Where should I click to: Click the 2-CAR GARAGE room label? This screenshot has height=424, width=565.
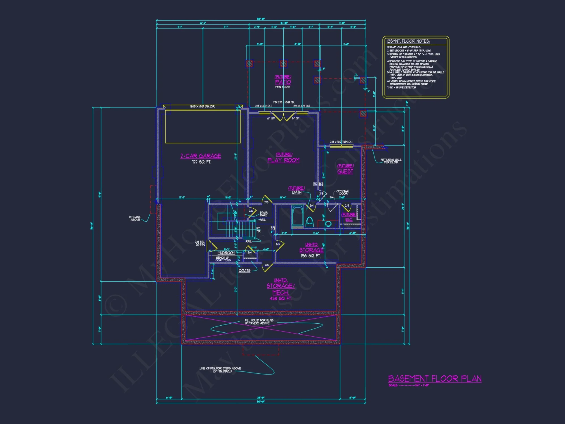click(x=201, y=156)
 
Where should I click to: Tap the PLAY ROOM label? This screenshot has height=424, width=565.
click(x=283, y=160)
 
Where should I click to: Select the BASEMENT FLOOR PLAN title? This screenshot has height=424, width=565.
click(x=434, y=378)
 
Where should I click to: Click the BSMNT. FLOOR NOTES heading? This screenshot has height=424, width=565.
click(x=408, y=41)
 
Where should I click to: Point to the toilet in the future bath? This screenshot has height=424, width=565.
click(x=309, y=222)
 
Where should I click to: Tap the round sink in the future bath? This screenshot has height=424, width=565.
click(x=328, y=224)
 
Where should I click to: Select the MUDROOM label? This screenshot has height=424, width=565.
click(x=226, y=253)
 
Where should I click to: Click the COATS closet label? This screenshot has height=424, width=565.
click(x=244, y=271)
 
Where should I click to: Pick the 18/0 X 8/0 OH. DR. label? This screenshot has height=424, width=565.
click(x=202, y=107)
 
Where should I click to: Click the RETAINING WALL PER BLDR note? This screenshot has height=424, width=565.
click(x=391, y=161)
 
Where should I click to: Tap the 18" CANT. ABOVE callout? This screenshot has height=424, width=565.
click(x=135, y=218)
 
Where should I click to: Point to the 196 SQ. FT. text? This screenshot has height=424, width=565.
click(x=310, y=256)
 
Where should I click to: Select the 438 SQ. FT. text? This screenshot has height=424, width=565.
click(x=280, y=298)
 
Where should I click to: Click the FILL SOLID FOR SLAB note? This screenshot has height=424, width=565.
click(x=258, y=322)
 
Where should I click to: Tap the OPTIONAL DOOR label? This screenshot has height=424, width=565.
click(x=343, y=192)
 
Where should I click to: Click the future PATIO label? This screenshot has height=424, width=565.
click(x=283, y=82)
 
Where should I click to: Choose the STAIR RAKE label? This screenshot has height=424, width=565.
click(x=263, y=214)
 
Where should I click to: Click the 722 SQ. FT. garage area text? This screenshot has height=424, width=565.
click(x=201, y=162)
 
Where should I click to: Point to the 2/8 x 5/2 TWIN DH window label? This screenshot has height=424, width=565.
click(x=341, y=142)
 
